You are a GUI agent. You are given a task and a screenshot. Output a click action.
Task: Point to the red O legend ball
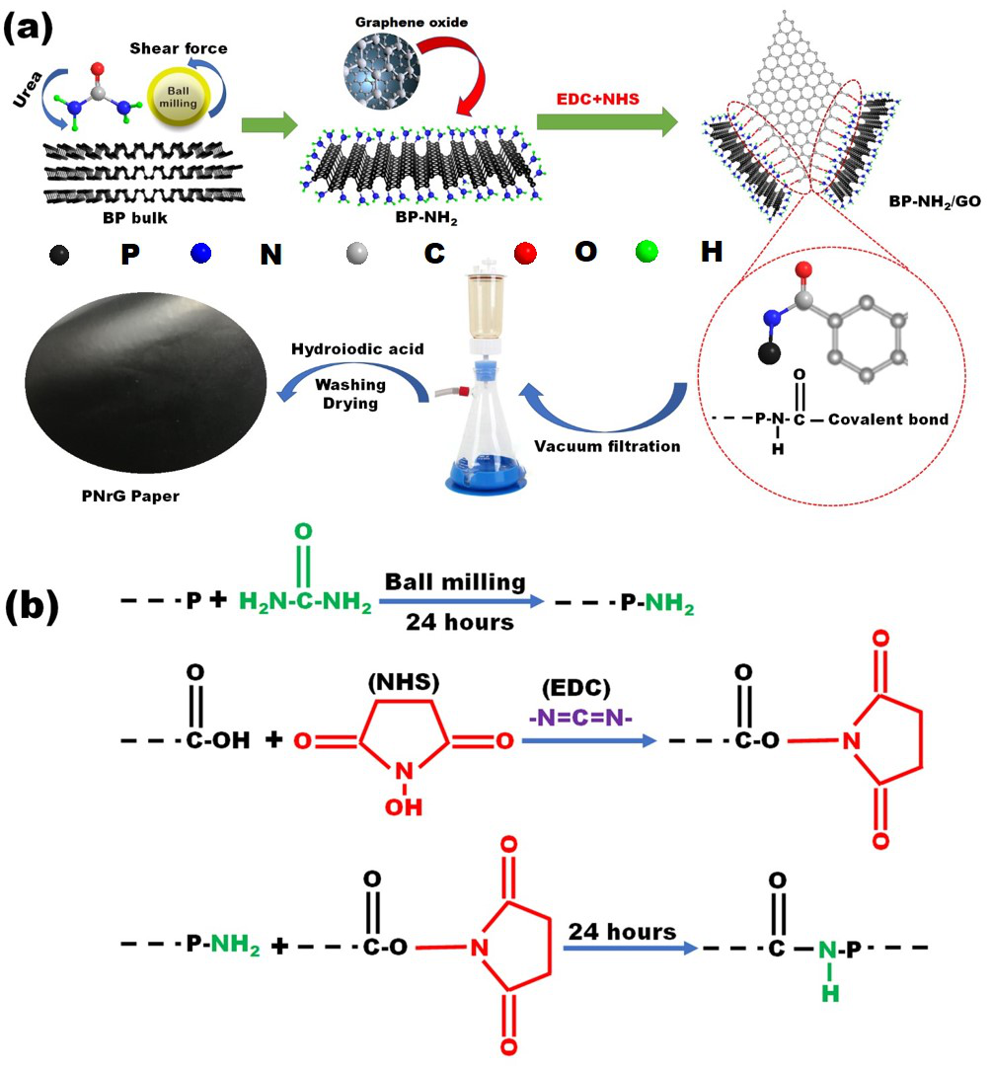[x=524, y=253]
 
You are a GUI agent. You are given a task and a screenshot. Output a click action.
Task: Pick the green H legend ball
[x=648, y=253]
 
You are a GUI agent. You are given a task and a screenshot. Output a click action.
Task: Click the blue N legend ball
[x=201, y=253]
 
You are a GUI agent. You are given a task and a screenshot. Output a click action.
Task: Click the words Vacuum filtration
[x=608, y=446]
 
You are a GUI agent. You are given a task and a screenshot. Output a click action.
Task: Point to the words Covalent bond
[x=888, y=420]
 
